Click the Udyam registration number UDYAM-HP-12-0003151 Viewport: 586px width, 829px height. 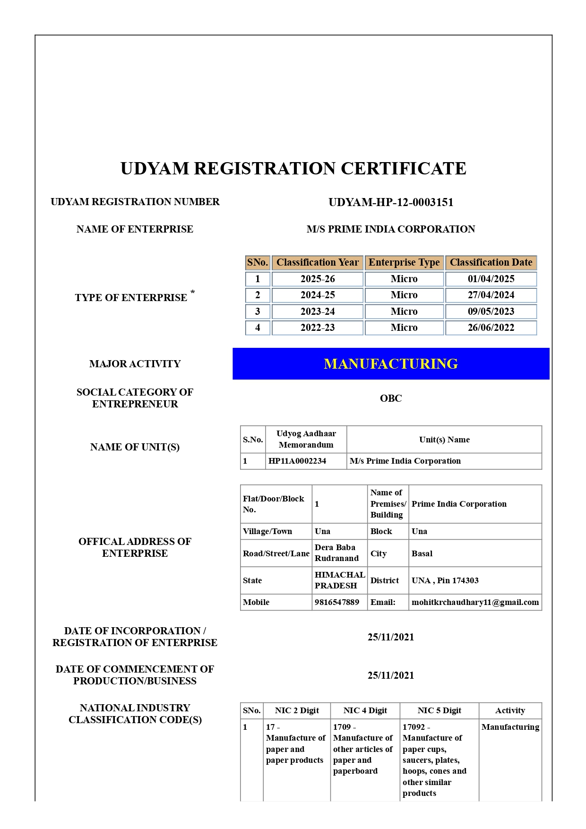click(391, 202)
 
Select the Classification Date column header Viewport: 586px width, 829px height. click(491, 262)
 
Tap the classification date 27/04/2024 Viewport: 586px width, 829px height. click(491, 295)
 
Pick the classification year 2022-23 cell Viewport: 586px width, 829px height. click(318, 328)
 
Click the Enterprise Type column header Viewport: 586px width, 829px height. click(404, 262)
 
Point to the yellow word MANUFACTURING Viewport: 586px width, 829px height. click(391, 363)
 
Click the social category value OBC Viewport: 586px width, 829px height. click(391, 398)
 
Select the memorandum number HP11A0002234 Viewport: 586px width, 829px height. click(297, 461)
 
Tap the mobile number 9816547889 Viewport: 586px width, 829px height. click(337, 602)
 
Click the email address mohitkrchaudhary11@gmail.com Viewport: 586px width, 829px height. click(475, 602)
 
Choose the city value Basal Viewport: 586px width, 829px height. click(422, 553)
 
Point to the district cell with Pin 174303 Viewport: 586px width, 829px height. click(445, 580)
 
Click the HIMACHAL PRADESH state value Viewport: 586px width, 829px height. click(339, 580)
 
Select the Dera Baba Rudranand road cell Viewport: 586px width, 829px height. click(336, 553)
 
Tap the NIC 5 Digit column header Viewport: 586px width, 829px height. click(439, 710)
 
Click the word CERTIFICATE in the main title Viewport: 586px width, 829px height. click(404, 168)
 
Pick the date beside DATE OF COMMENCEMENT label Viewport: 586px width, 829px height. click(391, 675)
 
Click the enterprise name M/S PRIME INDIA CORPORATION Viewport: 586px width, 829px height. click(391, 229)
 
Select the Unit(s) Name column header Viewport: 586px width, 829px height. click(444, 440)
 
